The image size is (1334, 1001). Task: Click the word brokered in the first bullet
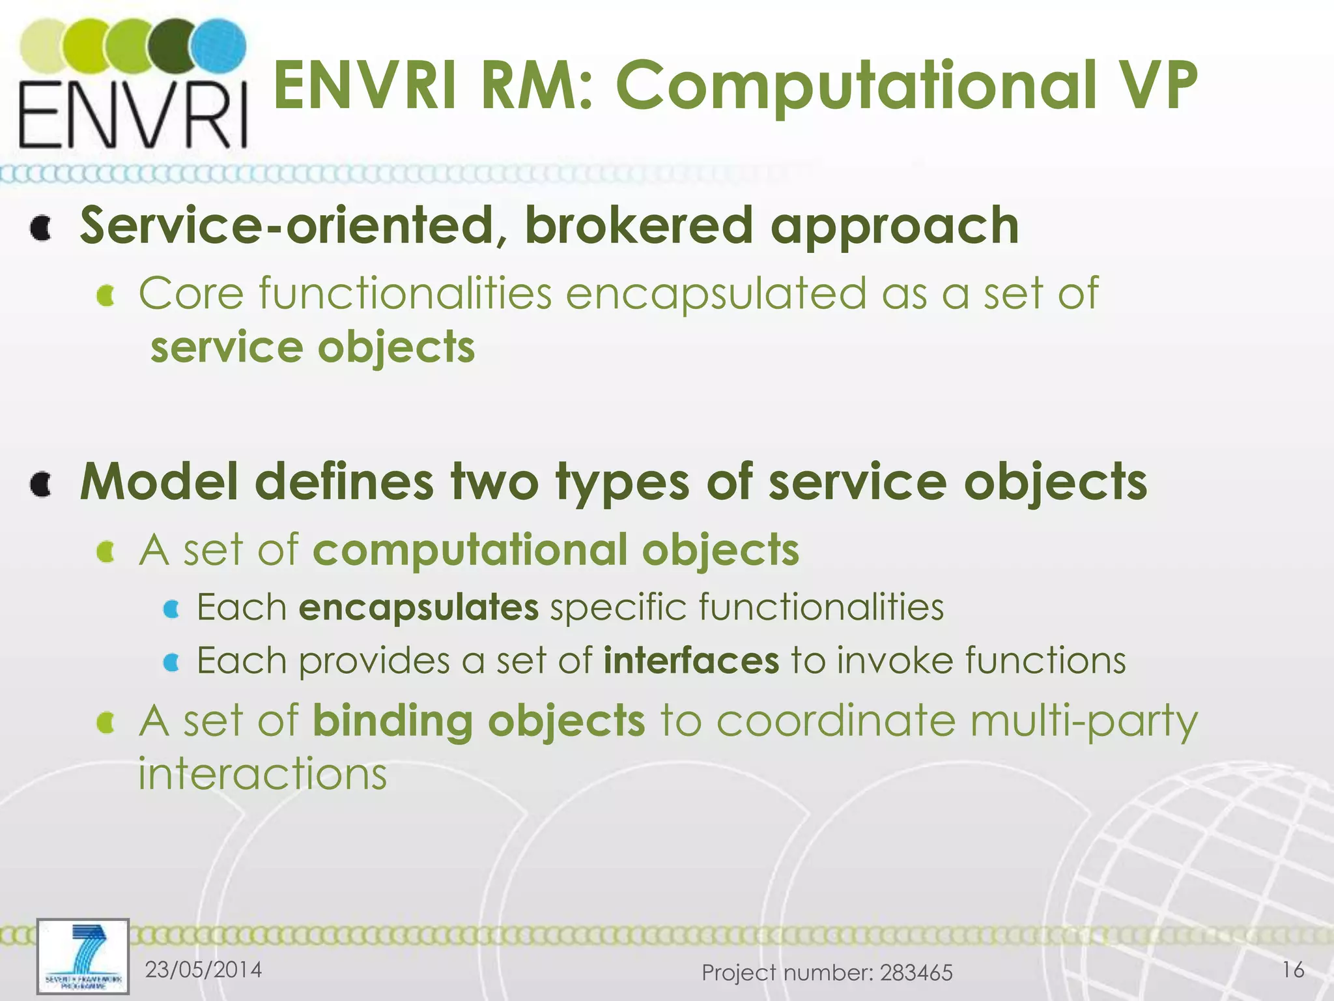(x=638, y=225)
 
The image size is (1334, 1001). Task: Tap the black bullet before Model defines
(x=41, y=484)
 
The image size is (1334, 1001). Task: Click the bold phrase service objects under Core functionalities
(x=313, y=347)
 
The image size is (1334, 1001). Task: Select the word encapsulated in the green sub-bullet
(x=717, y=295)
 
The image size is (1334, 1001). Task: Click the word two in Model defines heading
(x=495, y=482)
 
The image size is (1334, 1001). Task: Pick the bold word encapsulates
(x=419, y=607)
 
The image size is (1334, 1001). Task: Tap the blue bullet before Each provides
(x=171, y=663)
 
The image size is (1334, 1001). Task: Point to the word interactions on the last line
(x=263, y=774)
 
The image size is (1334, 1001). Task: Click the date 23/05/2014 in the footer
(x=203, y=970)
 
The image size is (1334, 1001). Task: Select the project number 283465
(x=916, y=973)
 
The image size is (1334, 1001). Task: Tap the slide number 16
(x=1293, y=970)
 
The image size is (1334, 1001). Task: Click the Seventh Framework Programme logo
(x=83, y=956)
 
